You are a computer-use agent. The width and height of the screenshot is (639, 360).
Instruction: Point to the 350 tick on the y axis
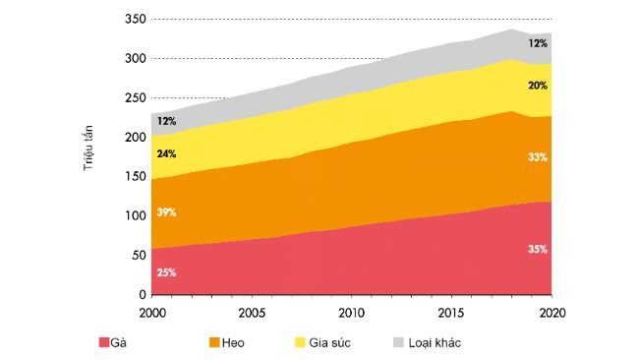click(136, 20)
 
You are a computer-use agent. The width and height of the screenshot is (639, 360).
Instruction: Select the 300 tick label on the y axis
click(136, 59)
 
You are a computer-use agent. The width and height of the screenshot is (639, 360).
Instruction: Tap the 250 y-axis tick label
click(136, 98)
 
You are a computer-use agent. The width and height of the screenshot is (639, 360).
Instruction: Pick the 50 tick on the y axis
click(139, 256)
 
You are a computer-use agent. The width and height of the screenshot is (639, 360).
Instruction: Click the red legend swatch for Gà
click(103, 342)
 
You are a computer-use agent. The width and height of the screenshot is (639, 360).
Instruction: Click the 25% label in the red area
click(166, 272)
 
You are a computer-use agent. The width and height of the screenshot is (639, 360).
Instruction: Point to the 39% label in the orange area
click(166, 213)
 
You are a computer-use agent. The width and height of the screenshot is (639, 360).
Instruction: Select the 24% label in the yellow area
click(166, 153)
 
